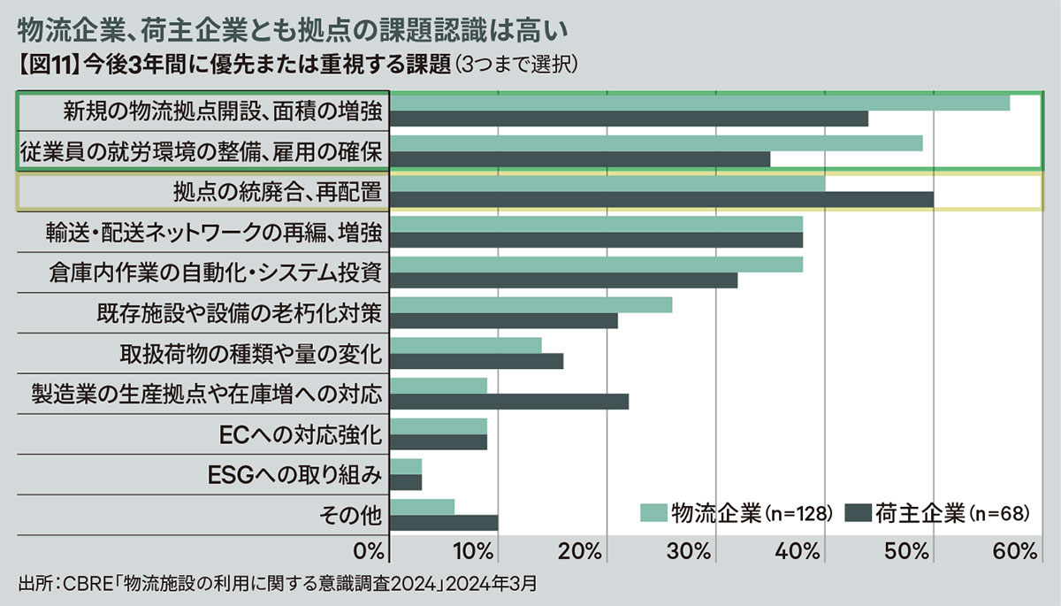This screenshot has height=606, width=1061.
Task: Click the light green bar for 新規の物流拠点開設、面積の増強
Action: point(698,103)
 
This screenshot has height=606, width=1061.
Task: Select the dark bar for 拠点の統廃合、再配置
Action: point(661,200)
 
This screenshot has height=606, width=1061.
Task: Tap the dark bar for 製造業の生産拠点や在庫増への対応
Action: point(509,402)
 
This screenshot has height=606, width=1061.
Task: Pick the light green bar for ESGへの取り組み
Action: point(406,466)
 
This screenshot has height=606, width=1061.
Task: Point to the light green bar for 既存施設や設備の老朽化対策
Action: point(530,305)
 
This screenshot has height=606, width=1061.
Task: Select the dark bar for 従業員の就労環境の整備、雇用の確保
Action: point(580,159)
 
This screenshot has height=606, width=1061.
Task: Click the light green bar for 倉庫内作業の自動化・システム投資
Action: point(596,265)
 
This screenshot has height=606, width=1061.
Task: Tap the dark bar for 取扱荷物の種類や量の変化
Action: point(477,361)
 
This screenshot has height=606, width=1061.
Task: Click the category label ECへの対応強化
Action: point(300,434)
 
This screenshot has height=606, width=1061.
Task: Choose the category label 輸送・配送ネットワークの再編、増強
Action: point(215,233)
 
